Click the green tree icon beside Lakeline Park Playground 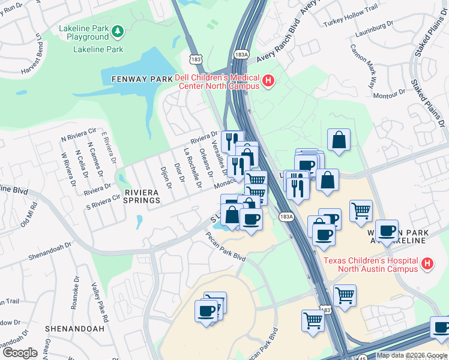[118, 29]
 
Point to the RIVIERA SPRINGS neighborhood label [142, 196]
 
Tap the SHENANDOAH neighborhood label [74, 329]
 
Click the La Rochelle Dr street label [191, 167]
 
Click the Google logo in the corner [20, 352]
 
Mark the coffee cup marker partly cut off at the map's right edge [441, 329]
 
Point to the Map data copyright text [411, 355]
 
